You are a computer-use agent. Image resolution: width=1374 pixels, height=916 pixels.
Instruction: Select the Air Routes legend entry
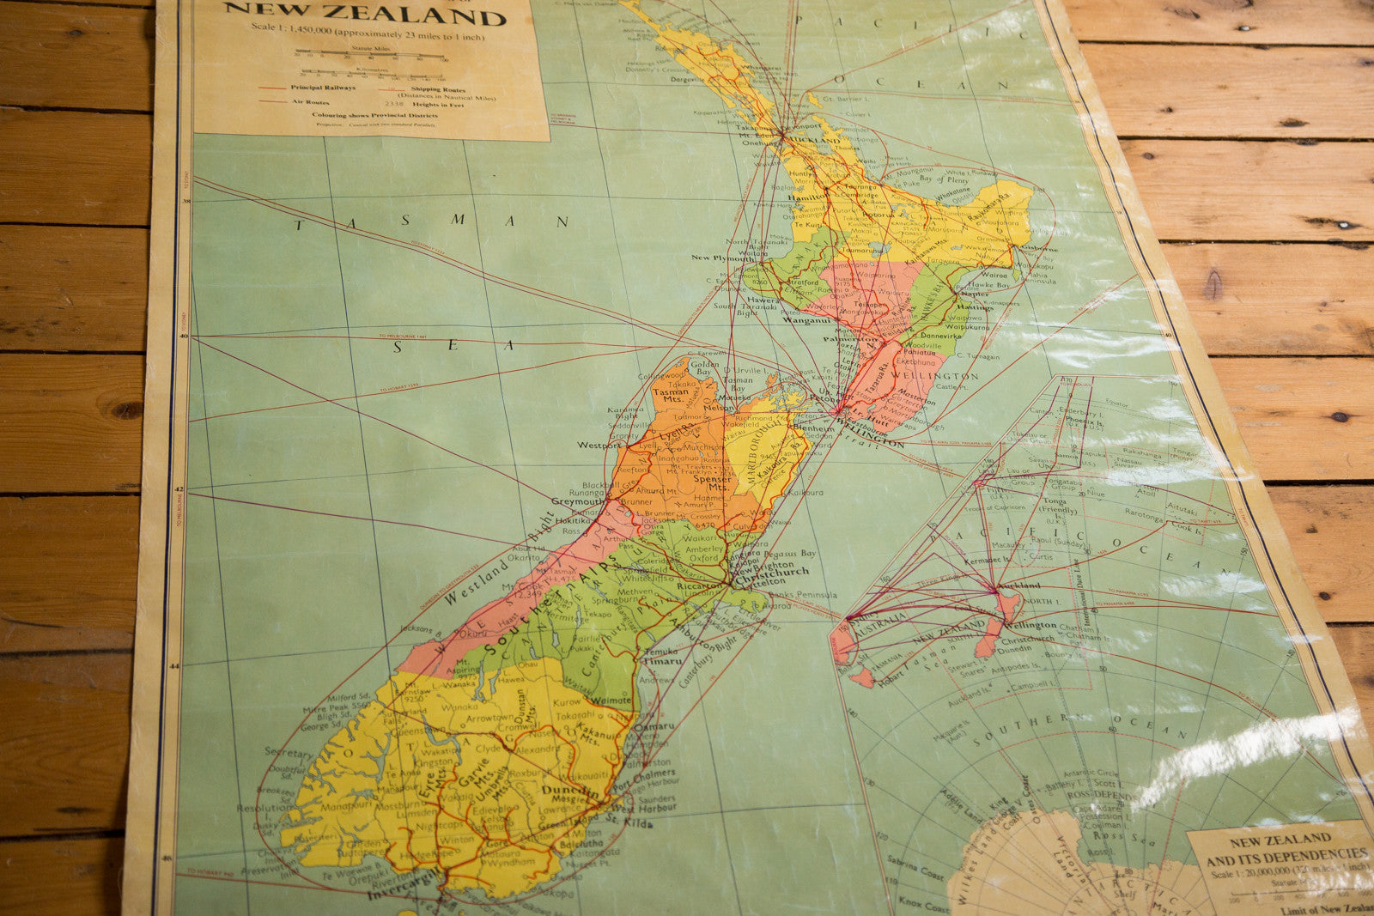point(310,101)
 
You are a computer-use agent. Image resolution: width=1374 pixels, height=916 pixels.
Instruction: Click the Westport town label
point(599,446)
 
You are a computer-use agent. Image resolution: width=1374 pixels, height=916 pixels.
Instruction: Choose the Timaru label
point(662,661)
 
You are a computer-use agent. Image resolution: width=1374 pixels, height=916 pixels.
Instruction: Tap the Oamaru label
point(654,726)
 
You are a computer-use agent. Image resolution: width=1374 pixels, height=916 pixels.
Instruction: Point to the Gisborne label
point(1039,249)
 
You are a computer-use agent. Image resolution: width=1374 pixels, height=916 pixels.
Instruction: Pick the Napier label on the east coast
point(973,294)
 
